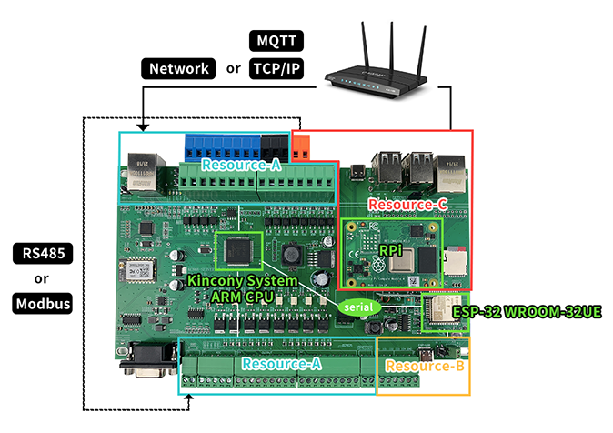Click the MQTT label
click(276, 41)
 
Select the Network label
click(178, 68)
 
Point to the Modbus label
click(42, 303)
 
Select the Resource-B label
click(424, 367)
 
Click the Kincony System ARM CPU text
click(242, 288)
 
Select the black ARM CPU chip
click(238, 251)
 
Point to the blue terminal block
click(222, 146)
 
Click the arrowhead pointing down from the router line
click(143, 126)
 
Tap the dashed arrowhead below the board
click(187, 400)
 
